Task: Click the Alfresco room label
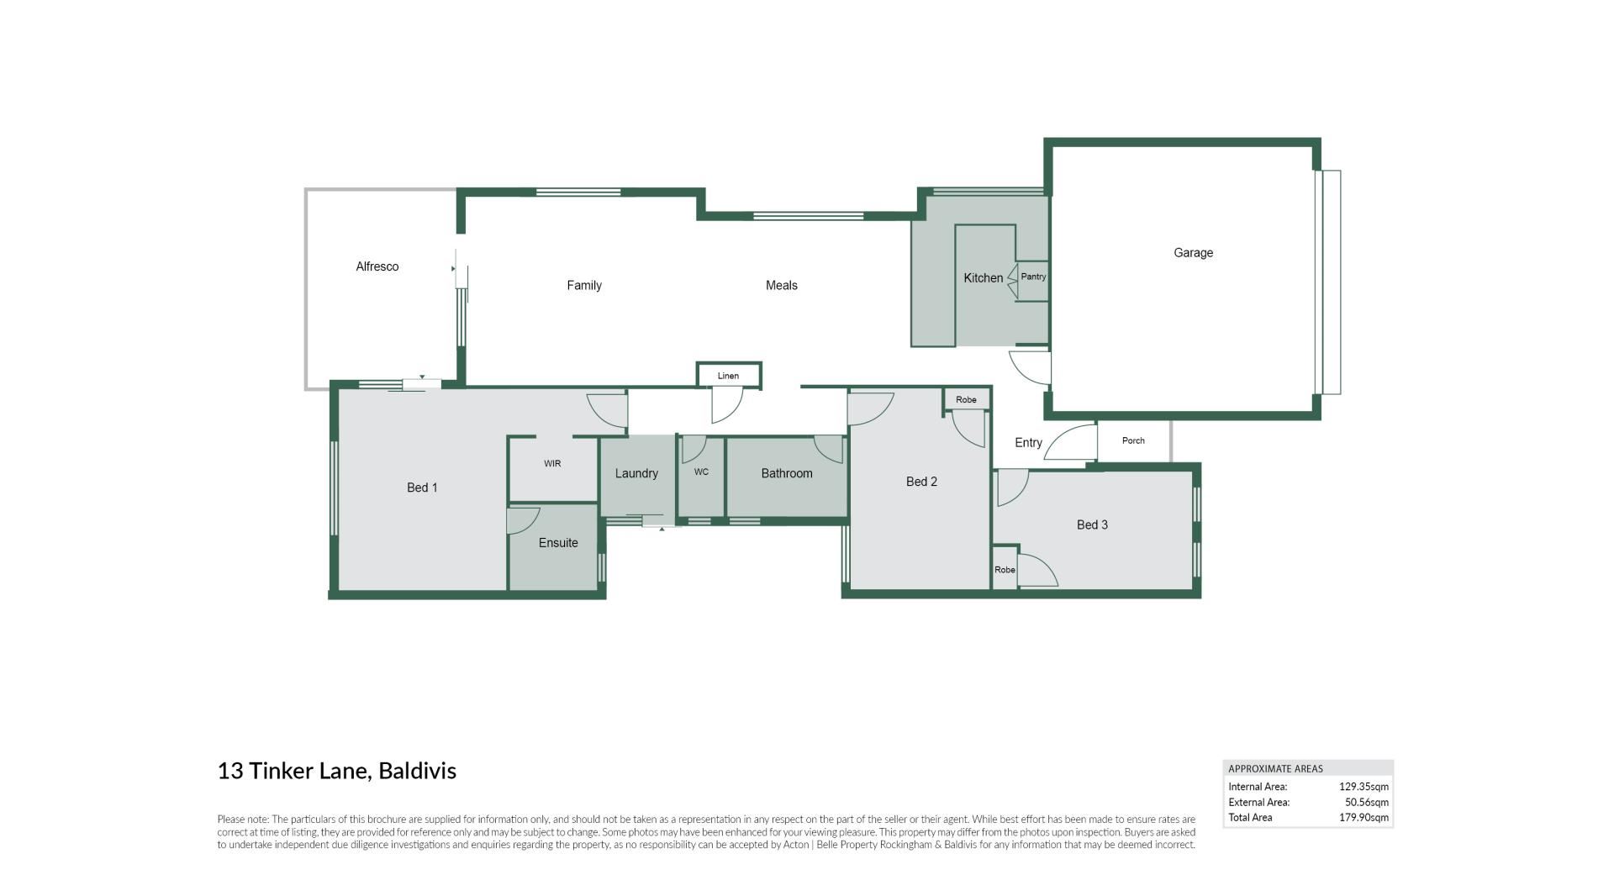coord(377,266)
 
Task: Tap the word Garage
coord(1193,253)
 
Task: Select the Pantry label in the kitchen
coord(1033,277)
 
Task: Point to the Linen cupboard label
coord(728,376)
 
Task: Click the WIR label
coord(552,464)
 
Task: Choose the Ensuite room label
coord(558,543)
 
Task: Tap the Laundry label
coord(636,474)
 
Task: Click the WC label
coord(701,472)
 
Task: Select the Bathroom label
coord(787,474)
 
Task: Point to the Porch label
coord(1133,440)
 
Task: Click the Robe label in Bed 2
coord(966,400)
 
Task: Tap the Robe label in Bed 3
coord(1005,570)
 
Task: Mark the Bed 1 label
coord(422,488)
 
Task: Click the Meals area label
coord(782,286)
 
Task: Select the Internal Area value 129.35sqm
coord(1363,788)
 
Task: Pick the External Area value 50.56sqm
coord(1366,803)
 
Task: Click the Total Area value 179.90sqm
coord(1363,818)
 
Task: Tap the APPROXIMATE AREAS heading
coord(1275,769)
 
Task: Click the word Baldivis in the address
coord(417,771)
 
